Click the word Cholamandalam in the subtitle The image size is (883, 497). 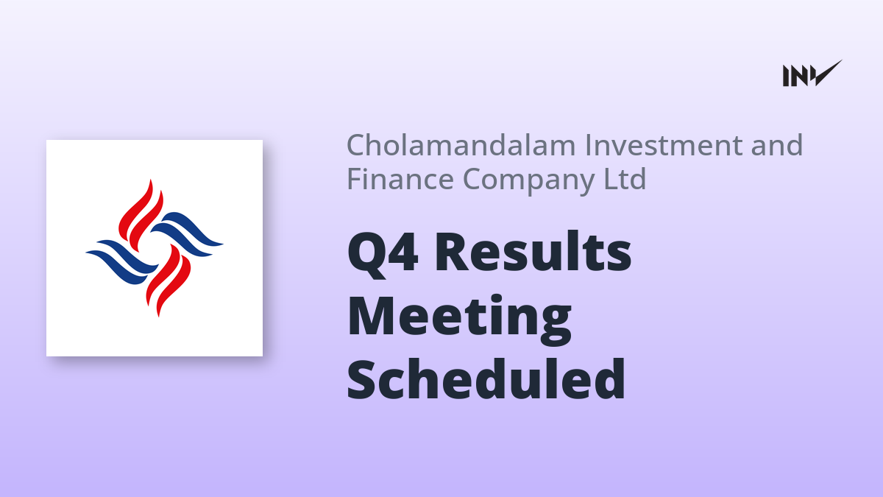click(x=461, y=145)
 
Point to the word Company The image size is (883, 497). click(x=528, y=180)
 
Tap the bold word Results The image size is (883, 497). click(x=533, y=251)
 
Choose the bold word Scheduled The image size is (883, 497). click(x=486, y=378)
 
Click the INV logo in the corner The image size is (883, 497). click(x=812, y=74)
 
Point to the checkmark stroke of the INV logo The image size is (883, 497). click(x=827, y=73)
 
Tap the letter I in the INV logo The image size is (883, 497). click(x=786, y=76)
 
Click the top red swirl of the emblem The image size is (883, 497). click(x=141, y=215)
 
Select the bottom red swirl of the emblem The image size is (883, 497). click(x=169, y=280)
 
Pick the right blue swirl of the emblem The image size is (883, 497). click(x=187, y=234)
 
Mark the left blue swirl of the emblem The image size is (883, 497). click(x=122, y=262)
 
